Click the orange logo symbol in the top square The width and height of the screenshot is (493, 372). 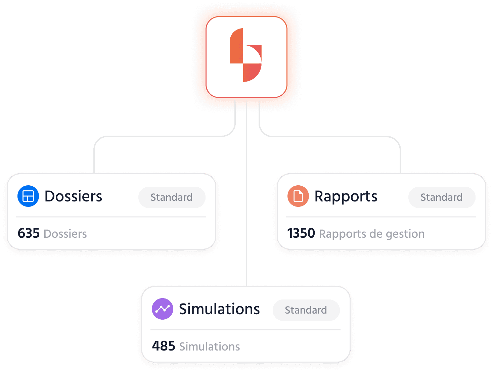pos(246,55)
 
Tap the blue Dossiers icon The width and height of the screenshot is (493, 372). pos(28,196)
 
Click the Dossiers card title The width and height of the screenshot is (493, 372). pos(73,196)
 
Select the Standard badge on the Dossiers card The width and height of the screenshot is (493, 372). pos(172,197)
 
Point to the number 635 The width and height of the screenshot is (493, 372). pos(29,233)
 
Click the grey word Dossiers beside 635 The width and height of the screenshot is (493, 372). pos(65,234)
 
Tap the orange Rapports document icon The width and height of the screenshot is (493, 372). pos(298,196)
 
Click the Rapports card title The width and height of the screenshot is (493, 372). pos(346,196)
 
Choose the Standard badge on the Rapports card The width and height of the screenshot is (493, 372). pos(441,197)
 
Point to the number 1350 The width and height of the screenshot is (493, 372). pos(301,233)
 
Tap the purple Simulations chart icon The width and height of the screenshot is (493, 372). pos(163,309)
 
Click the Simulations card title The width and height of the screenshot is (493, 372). pos(219,309)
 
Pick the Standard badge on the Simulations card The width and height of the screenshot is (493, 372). pos(306,310)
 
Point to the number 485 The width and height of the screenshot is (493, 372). pos(164,346)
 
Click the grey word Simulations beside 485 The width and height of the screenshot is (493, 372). pos(210,346)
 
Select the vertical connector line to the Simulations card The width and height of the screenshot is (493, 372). pos(246,201)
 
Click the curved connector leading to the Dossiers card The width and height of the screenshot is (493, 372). pos(161,136)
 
